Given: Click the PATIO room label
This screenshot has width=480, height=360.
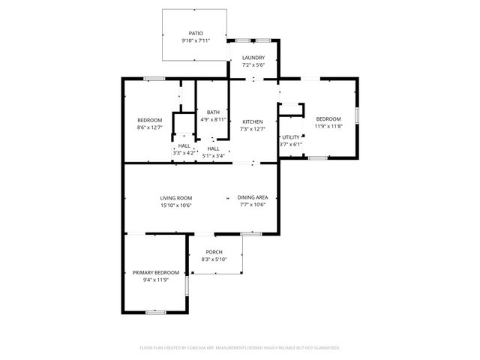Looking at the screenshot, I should [x=196, y=34].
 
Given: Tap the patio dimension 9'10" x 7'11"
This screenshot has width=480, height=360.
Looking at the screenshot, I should [x=196, y=40].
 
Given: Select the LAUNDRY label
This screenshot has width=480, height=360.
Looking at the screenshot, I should [x=253, y=58].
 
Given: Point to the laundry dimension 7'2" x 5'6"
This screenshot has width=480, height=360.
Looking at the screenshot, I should [x=253, y=65].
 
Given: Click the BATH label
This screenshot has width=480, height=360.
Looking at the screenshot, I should [x=214, y=112].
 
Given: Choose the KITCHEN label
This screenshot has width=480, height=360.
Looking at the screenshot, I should [x=252, y=121].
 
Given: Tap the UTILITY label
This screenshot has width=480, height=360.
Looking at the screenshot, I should [x=290, y=137].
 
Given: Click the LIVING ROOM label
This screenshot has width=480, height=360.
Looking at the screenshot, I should [x=176, y=198].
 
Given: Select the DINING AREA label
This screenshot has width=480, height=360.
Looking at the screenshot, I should [x=253, y=198].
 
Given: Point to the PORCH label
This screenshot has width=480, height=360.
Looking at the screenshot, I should [x=214, y=252].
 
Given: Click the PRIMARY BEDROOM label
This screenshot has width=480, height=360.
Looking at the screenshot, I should [x=156, y=272].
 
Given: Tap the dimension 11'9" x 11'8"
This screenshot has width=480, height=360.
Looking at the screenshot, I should [x=328, y=126].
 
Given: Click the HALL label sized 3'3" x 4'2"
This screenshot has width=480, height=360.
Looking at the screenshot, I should [x=184, y=152].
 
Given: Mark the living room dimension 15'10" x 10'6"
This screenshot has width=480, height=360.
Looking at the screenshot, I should [x=176, y=205].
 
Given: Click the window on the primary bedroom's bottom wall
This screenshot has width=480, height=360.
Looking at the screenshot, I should [x=155, y=312].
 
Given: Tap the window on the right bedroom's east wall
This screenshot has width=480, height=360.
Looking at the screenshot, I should [x=358, y=115].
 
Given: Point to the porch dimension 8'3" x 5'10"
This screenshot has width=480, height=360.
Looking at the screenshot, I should [x=214, y=259].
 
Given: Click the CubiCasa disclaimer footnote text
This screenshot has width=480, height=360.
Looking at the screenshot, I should [x=240, y=347].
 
